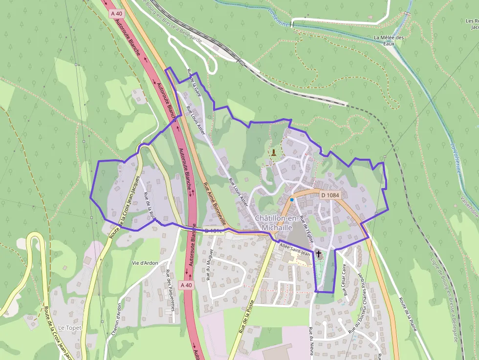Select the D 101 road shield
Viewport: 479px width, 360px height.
coord(213,230)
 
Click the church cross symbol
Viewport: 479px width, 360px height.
coord(319,254)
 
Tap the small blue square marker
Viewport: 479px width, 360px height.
coord(292,200)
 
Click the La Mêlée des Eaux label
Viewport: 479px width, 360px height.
coord(389,40)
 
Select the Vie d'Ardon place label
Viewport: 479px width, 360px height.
coord(145,263)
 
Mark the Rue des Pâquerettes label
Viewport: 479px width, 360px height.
coord(170,290)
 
